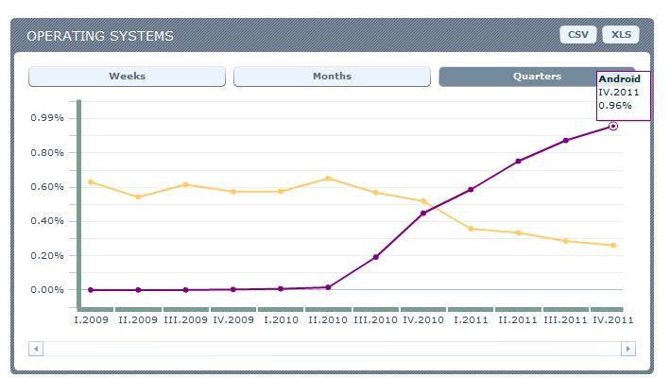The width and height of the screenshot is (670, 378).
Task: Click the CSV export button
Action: (577, 35)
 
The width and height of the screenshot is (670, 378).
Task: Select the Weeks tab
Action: (127, 77)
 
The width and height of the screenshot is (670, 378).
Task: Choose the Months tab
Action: (332, 77)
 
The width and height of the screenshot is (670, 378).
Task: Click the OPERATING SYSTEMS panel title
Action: (100, 36)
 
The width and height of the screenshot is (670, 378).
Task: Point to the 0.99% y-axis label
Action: (47, 118)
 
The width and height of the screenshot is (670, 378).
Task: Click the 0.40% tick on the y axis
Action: (47, 221)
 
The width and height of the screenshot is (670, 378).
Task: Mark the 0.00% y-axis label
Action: (47, 290)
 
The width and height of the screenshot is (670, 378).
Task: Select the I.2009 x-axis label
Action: (91, 320)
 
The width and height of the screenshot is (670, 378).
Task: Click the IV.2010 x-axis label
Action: (423, 320)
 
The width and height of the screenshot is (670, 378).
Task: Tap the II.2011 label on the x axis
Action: (519, 320)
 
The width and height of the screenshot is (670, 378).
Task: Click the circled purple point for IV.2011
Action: (613, 126)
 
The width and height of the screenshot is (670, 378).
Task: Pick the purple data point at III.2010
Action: (375, 257)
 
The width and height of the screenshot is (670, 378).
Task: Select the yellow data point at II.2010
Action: (328, 179)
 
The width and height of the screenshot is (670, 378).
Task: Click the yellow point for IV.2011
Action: (613, 246)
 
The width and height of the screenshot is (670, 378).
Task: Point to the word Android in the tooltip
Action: (620, 79)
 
